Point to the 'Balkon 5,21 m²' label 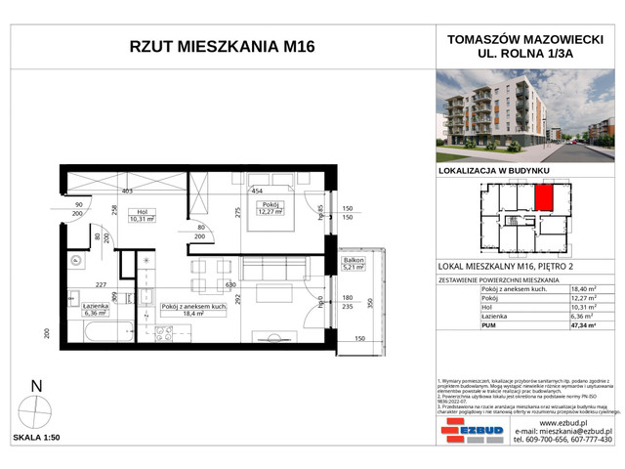[x=352, y=266]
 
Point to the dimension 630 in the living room [x=230, y=284]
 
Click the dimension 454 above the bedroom [x=258, y=192]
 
